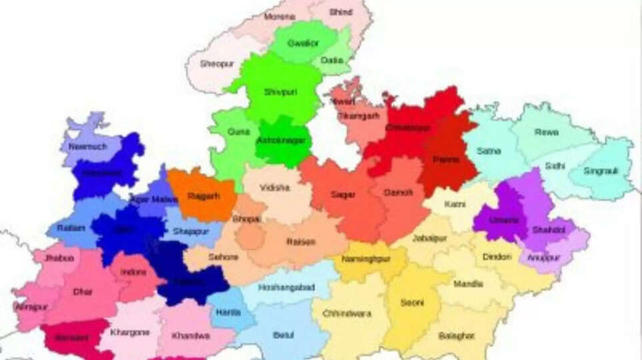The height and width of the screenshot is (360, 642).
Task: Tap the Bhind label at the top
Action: pos(340,12)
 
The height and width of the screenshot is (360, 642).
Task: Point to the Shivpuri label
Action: pos(278,92)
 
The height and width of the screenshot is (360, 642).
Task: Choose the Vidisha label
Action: pos(275,189)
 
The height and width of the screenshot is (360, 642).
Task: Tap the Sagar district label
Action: pos(343,195)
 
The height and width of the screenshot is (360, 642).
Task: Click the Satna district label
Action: pos(489,151)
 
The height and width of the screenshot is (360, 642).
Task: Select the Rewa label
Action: pos(546,133)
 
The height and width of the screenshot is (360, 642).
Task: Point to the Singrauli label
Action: pos(601,171)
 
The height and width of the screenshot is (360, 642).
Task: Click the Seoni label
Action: pos(411,303)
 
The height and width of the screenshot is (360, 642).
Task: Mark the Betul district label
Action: pos(283,335)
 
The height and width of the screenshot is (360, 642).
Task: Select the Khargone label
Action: pos(130,333)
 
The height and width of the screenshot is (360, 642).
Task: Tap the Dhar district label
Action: pos(83,292)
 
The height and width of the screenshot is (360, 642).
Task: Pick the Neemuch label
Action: pos(88,147)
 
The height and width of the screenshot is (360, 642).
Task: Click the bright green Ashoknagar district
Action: pos(281,141)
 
